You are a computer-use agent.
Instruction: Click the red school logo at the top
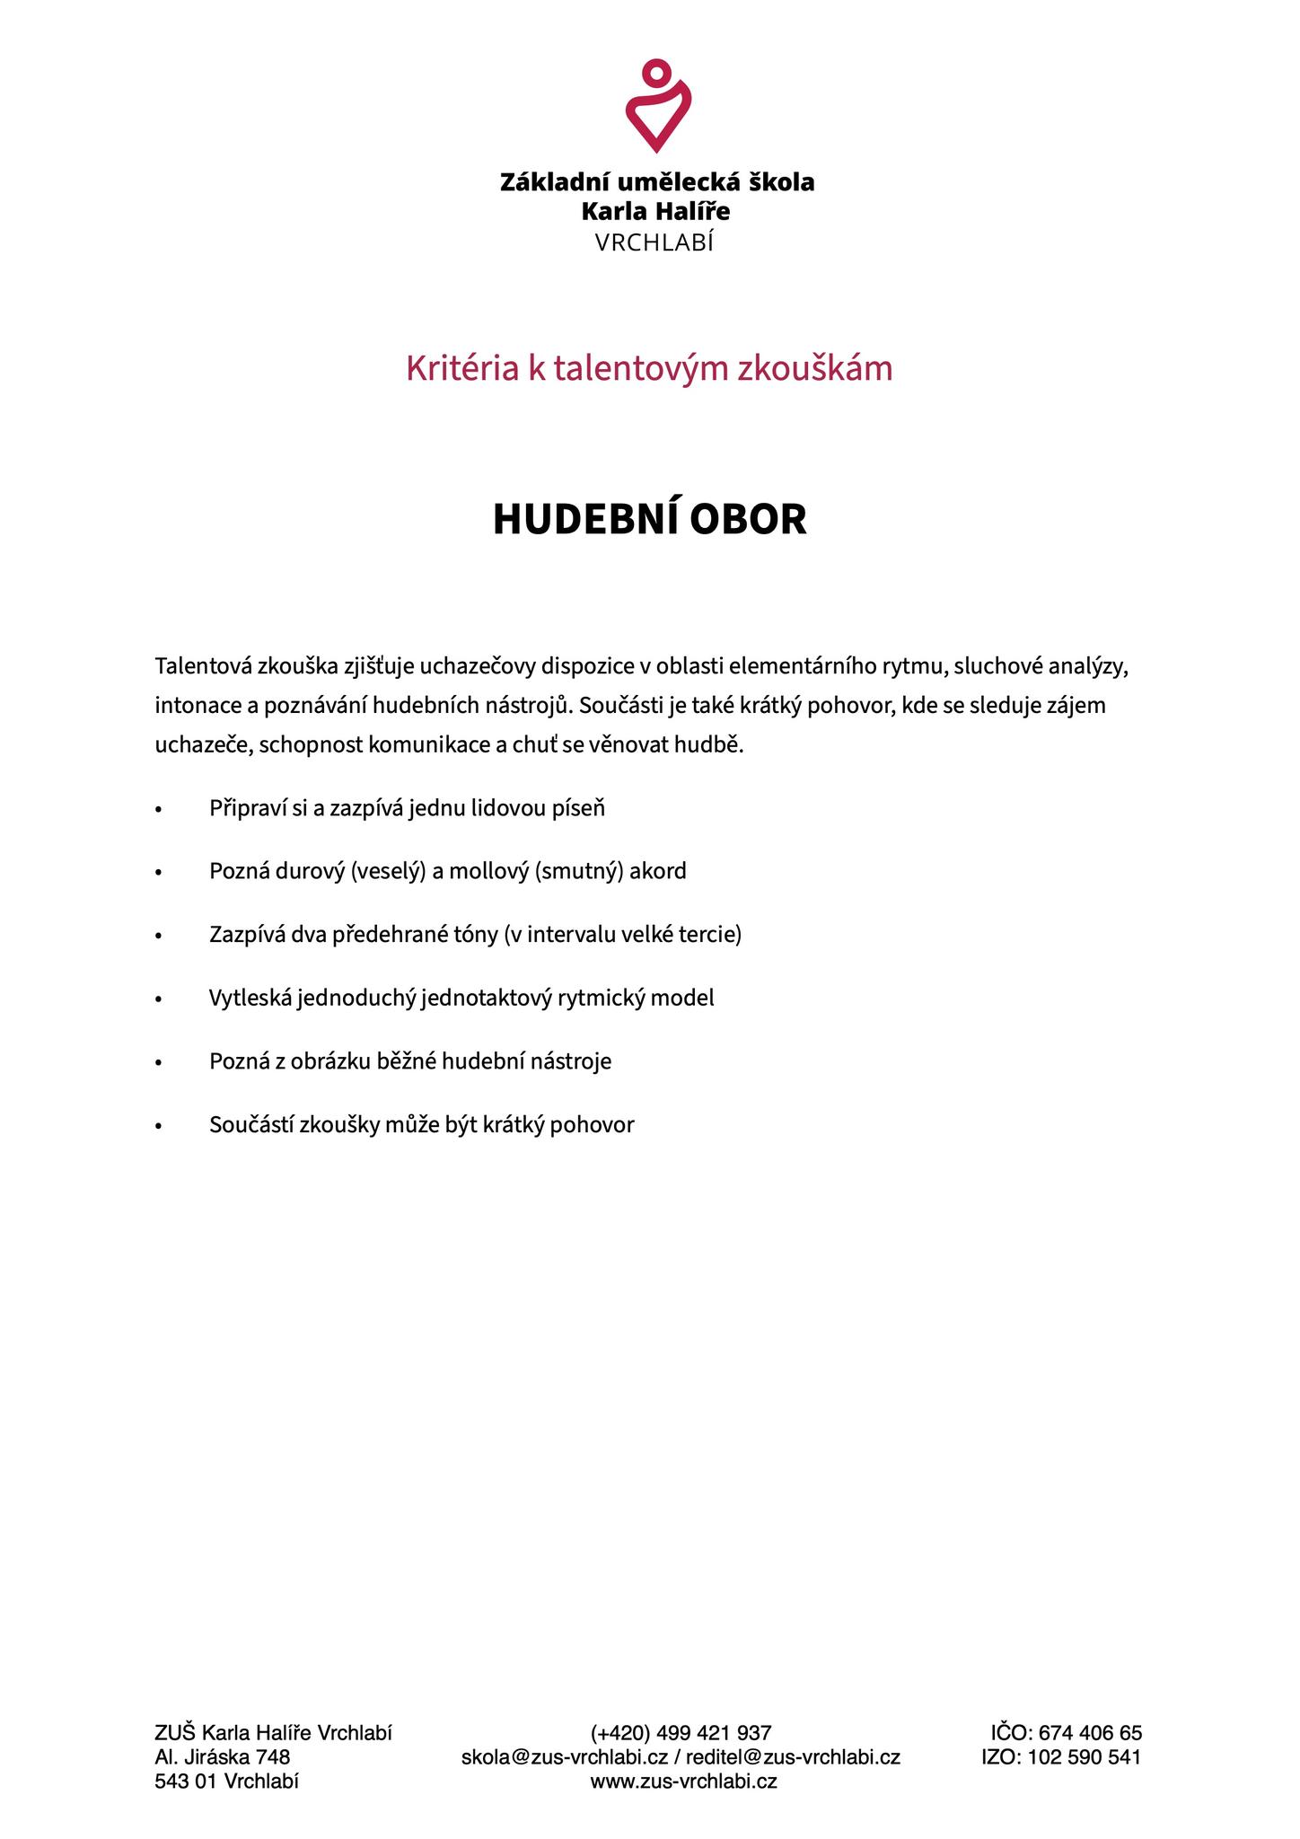point(657,106)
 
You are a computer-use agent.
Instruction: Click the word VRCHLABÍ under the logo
point(654,242)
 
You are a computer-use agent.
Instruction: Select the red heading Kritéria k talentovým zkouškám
point(649,368)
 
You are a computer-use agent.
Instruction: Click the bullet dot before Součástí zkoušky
point(159,1126)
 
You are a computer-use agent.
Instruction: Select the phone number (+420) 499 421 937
point(681,1733)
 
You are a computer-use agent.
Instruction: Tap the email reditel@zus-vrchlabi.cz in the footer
point(793,1757)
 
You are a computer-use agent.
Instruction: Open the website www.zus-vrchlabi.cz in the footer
point(683,1782)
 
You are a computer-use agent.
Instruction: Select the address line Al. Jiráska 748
point(222,1757)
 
